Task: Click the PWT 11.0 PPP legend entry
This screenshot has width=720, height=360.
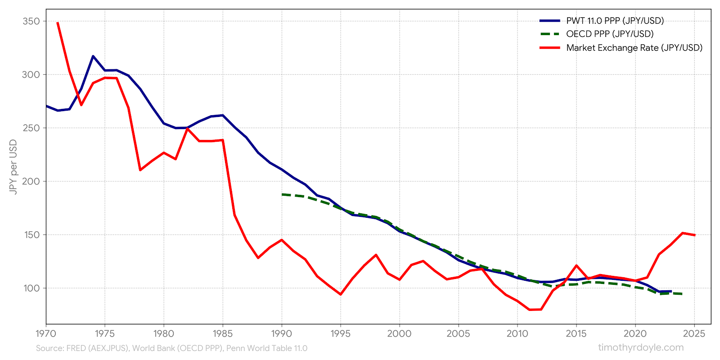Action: point(615,21)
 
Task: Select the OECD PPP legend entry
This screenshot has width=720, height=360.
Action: point(609,34)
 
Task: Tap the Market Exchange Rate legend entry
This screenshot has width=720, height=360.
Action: point(634,48)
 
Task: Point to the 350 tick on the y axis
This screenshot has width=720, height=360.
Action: point(31,21)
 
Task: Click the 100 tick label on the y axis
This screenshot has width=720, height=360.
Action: point(31,288)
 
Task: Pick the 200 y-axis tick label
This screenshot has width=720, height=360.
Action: point(31,181)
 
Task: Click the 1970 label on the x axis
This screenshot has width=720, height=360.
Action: point(46,334)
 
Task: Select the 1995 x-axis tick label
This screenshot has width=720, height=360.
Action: point(340,334)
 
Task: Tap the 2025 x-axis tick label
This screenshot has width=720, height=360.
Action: point(694,334)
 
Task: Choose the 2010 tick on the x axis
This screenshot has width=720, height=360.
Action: point(517,334)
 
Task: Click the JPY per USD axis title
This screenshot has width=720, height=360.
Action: point(13,167)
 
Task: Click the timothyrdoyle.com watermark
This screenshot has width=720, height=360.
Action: point(641,347)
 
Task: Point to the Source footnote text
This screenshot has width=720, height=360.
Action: point(171,348)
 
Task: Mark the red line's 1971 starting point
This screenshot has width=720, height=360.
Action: point(58,22)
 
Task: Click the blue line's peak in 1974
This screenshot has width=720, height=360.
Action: point(93,56)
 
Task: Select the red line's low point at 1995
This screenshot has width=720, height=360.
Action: point(341,294)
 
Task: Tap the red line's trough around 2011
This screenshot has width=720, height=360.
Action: point(529,310)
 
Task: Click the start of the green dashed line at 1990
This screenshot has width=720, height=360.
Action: point(282,194)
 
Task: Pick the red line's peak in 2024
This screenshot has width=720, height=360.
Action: point(683,233)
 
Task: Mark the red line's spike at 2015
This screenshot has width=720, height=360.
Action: point(576,265)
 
